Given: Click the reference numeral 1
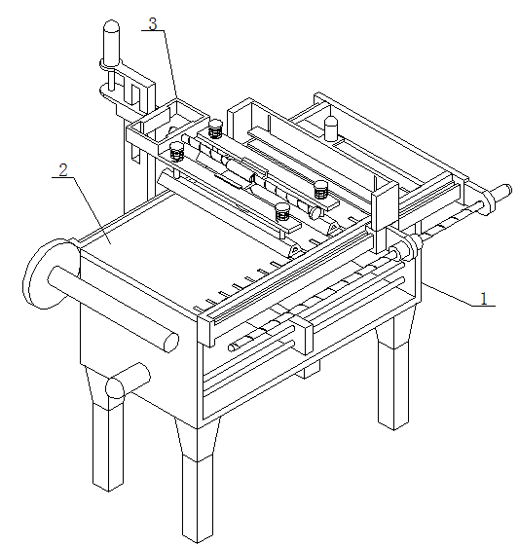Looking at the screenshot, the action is coord(483,299).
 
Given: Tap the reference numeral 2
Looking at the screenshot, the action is coord(63,170).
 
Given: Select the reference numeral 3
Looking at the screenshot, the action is coord(153,24).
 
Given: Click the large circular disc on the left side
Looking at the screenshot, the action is coord(47,274).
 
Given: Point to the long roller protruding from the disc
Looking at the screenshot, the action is coord(113,309).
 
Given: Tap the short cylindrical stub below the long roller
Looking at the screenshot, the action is coord(128,381).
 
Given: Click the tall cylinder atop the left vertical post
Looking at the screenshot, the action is coord(112,43).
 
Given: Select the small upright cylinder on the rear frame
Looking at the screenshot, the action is coord(331,128).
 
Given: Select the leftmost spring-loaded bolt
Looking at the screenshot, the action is coord(177,152).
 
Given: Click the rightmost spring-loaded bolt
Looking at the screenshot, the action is coord(320,190).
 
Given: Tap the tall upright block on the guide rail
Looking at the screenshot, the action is coord(385,217).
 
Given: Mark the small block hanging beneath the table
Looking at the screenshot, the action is coord(308,370).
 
